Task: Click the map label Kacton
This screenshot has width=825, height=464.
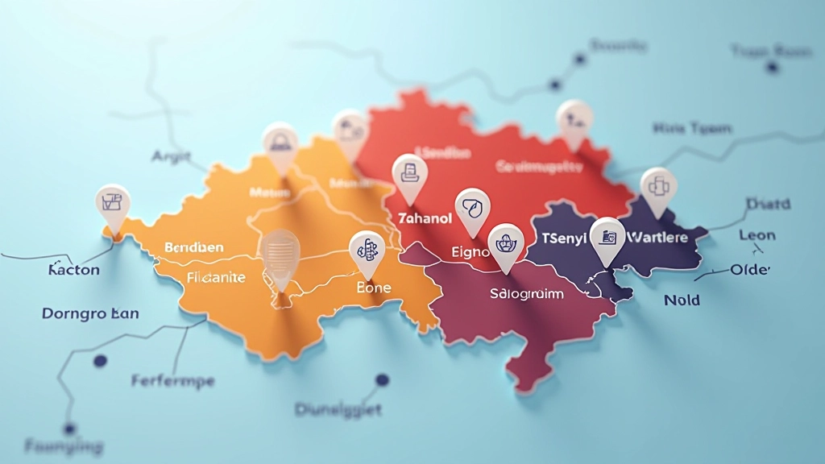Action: point(73,270)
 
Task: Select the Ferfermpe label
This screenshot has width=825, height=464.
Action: point(172,380)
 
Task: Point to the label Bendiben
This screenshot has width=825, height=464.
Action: point(193,246)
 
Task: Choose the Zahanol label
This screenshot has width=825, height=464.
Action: point(425,217)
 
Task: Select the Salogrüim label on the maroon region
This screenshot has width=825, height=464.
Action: point(526,294)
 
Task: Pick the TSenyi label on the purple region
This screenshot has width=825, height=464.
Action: point(563,238)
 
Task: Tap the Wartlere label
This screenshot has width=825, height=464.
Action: point(656,238)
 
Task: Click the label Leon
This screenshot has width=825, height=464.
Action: point(757,235)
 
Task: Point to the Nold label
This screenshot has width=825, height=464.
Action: point(682,300)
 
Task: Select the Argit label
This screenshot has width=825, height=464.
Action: point(171,156)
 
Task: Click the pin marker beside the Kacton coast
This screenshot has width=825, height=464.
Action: point(113,206)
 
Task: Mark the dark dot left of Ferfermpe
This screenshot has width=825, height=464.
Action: point(100,362)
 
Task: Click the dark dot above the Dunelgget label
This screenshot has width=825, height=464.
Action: point(382,379)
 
